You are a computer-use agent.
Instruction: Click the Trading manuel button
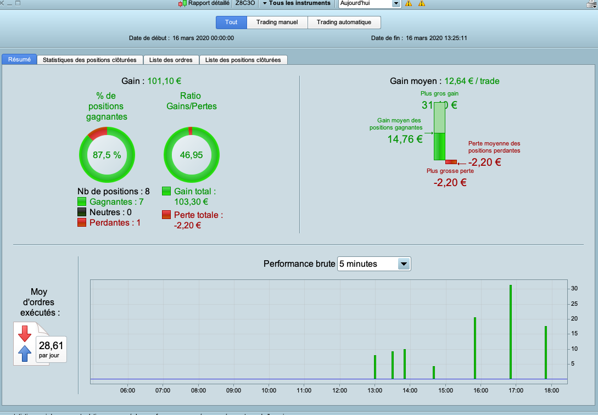[x=277, y=23]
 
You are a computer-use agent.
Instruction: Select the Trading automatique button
[x=344, y=23]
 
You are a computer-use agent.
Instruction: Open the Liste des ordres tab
[x=171, y=60]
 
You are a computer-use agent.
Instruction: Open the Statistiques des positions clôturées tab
[x=90, y=60]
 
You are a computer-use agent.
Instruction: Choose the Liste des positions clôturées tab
[x=243, y=60]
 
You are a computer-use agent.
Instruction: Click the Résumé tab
[x=19, y=59]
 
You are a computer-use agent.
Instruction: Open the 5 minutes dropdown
[x=374, y=264]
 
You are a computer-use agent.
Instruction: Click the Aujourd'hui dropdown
[x=370, y=3]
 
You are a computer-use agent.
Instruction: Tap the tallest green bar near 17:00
[x=511, y=332]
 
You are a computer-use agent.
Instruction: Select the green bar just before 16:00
[x=475, y=348]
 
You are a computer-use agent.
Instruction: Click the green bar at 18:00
[x=546, y=352]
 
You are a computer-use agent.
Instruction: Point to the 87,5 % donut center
[x=107, y=155]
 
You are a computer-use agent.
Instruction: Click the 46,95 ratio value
[x=191, y=155]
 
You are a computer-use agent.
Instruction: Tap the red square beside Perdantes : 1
[x=82, y=222]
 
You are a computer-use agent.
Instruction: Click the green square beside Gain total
[x=166, y=191]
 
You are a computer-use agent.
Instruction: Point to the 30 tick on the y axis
[x=573, y=288]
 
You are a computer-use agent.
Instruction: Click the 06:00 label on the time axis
[x=127, y=390]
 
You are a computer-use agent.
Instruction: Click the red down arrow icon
[x=25, y=333]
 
